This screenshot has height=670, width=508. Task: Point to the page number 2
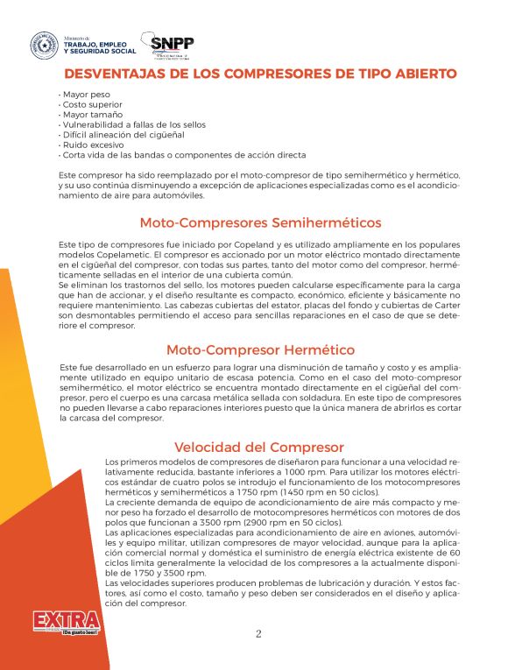pos(258,634)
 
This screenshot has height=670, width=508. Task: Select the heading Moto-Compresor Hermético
pos(248,349)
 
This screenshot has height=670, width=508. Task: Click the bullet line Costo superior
pos(90,105)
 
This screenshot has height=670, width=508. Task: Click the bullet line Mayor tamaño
pos(88,115)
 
